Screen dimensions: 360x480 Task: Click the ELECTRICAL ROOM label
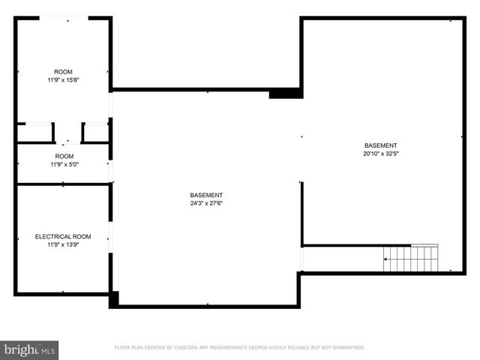click(x=63, y=237)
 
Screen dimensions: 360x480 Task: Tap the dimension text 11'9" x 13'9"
click(x=63, y=244)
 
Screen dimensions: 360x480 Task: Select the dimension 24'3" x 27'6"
click(x=206, y=202)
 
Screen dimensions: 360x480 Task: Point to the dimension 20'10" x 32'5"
click(x=380, y=153)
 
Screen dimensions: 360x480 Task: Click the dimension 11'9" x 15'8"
click(x=63, y=79)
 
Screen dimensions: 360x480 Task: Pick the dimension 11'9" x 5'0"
click(x=63, y=164)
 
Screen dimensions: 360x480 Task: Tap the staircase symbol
click(x=411, y=259)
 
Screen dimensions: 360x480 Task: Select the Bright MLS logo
click(x=30, y=349)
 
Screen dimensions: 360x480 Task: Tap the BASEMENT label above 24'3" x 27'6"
click(x=206, y=195)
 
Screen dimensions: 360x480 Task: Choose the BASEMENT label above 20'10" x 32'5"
click(x=380, y=145)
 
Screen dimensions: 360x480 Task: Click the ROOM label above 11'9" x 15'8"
click(x=63, y=72)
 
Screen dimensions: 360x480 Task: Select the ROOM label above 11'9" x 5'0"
click(x=63, y=156)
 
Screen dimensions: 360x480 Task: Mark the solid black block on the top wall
click(x=285, y=93)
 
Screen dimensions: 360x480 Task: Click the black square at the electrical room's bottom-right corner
click(x=113, y=299)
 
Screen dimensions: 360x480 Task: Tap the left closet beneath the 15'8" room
click(x=34, y=133)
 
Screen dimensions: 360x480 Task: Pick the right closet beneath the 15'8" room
click(x=94, y=133)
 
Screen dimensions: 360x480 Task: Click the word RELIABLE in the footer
click(x=294, y=348)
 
